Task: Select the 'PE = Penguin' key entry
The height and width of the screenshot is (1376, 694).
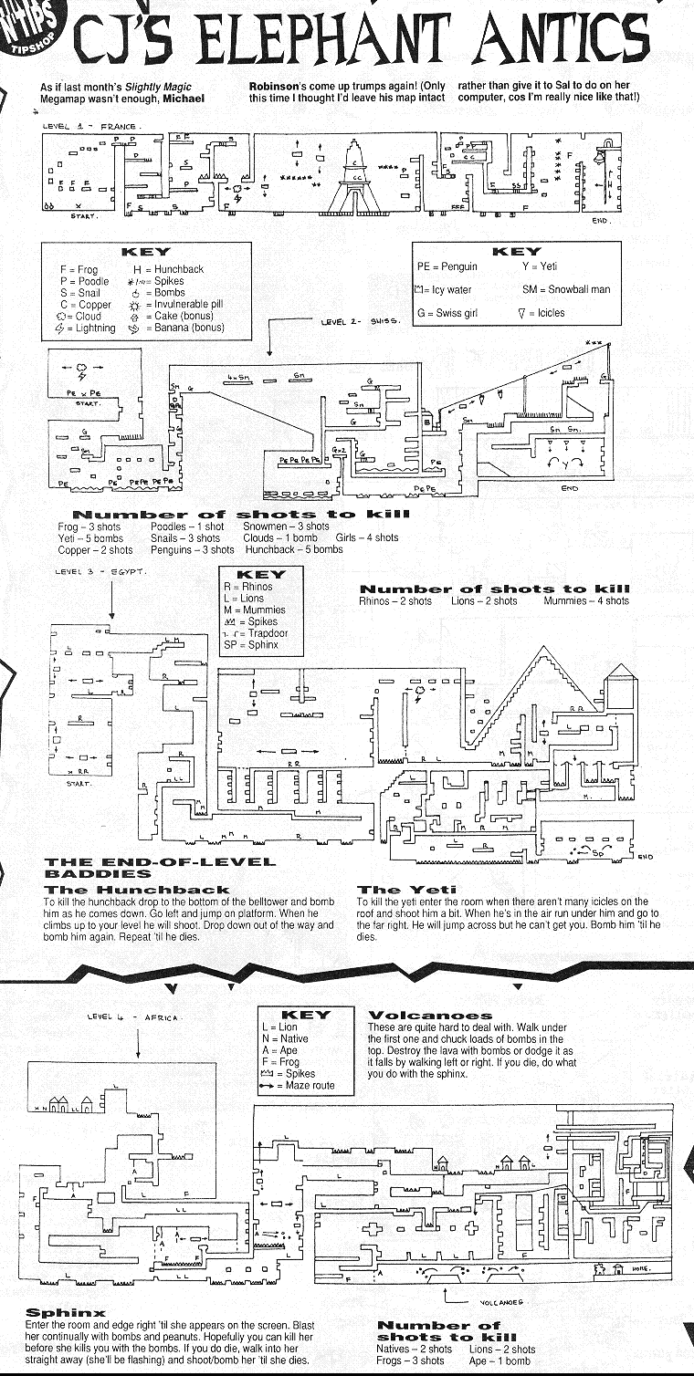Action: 447,266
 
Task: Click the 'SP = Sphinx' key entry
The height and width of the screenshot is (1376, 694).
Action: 250,644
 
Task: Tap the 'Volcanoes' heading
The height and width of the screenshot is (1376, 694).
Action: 429,1015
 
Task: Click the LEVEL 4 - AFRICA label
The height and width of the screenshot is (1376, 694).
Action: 135,1016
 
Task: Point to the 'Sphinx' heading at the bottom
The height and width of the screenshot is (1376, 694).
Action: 66,1313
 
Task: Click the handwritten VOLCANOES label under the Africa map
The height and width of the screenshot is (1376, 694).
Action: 499,1303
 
